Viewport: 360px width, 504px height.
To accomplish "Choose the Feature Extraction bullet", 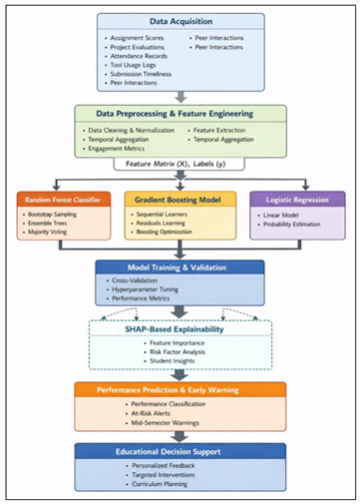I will pos(224,131).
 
